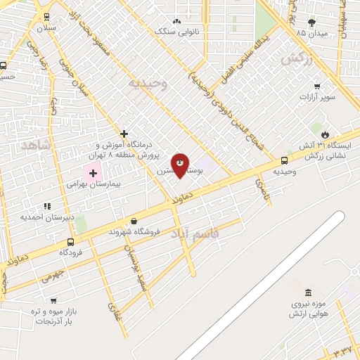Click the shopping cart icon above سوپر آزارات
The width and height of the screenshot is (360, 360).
pos(318,87)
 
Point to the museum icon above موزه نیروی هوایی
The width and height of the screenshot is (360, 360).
pos(307,292)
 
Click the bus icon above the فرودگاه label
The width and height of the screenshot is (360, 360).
pos(70,242)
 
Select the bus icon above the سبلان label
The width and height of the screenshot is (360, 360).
pos(46,16)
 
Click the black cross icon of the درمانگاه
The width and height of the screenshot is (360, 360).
pos(124,133)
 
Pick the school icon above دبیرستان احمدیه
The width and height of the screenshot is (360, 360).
pos(47,206)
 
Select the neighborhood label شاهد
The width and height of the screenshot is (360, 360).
pos(37,145)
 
